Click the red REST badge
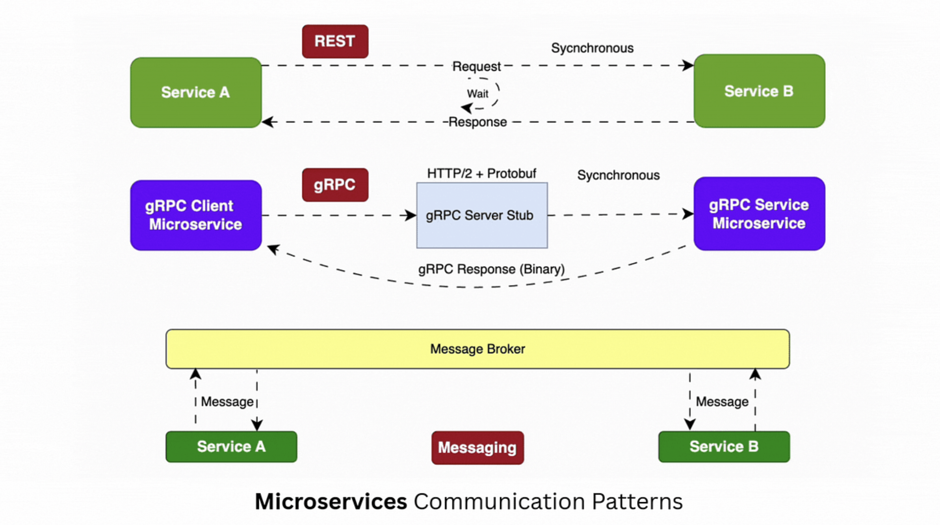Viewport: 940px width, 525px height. point(335,41)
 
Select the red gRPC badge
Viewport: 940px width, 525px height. point(335,185)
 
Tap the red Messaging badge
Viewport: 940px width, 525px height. point(477,447)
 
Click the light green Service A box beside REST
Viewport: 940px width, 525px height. point(196,92)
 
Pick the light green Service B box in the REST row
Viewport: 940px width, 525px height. point(759,91)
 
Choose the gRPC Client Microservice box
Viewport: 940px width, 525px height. point(196,215)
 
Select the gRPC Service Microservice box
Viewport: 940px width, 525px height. point(759,214)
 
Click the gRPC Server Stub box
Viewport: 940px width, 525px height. point(482,215)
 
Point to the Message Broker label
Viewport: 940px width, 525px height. point(477,349)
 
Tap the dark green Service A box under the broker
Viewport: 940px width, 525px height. point(231,447)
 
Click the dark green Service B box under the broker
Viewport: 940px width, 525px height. point(724,447)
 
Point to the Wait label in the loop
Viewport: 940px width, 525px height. point(477,94)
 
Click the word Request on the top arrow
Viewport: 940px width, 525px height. point(476,66)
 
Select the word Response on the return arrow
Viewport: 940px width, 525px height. point(477,122)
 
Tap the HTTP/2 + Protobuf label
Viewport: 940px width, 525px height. point(481,173)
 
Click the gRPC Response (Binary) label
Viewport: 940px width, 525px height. point(491,269)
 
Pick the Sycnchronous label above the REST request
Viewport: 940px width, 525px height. point(592,48)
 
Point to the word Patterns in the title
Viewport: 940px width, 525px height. point(637,501)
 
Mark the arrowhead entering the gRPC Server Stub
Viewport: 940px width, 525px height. point(411,215)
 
